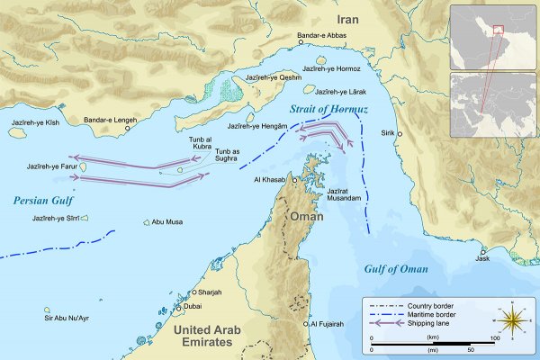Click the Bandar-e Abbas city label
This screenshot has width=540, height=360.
point(322,36)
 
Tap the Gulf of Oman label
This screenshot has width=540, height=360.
point(395,269)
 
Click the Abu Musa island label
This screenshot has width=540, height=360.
point(168,222)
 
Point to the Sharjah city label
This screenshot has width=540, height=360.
point(211,292)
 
